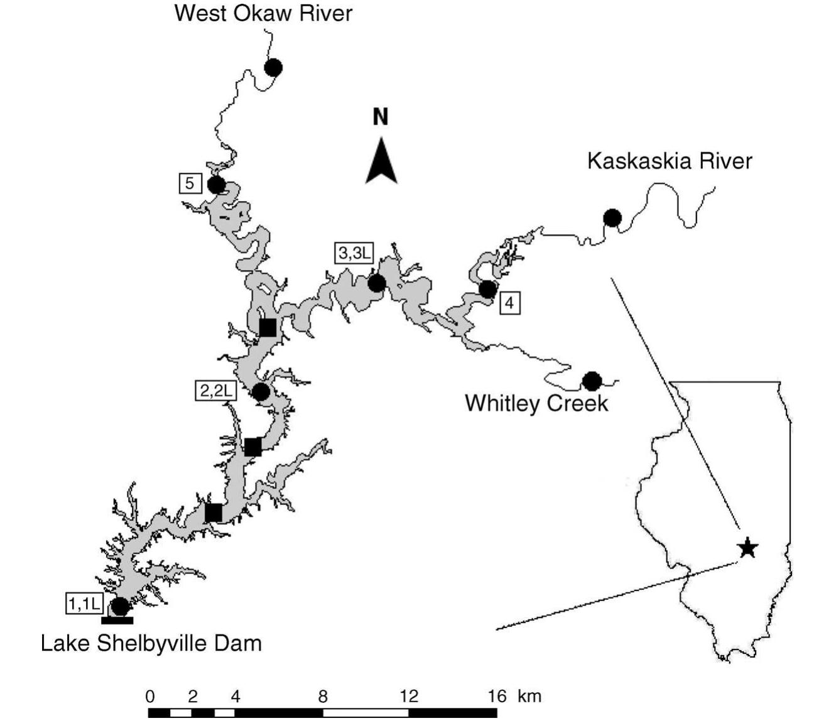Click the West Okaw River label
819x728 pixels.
(263, 13)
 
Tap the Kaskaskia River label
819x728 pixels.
(669, 161)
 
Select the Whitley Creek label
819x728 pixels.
(536, 403)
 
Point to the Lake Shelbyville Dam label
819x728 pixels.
(151, 643)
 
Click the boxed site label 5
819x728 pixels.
(190, 183)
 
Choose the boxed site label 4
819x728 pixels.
(509, 303)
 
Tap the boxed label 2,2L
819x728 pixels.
(215, 391)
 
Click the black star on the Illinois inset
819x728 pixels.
(747, 548)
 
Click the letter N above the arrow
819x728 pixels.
(381, 117)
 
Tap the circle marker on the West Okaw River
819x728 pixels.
(273, 67)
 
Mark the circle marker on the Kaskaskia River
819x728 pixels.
(612, 218)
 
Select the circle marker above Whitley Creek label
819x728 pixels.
(592, 381)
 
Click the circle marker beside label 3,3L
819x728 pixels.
(377, 283)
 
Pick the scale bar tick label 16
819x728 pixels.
(497, 696)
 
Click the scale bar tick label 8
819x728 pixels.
(322, 696)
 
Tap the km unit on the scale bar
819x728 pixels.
(529, 696)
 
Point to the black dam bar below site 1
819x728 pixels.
(117, 621)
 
